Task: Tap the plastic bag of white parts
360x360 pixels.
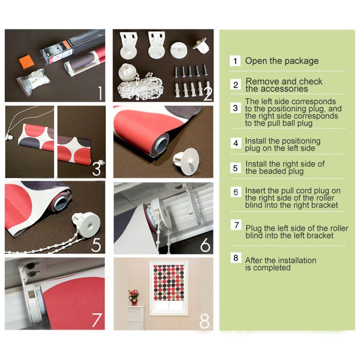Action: click(x=33, y=82)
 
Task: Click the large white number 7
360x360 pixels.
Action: click(x=96, y=320)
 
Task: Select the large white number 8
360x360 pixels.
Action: click(x=204, y=321)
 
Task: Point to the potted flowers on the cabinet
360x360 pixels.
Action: click(x=134, y=297)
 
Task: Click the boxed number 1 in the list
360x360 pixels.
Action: click(x=235, y=61)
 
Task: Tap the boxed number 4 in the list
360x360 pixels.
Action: click(x=236, y=143)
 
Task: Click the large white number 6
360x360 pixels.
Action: click(x=205, y=245)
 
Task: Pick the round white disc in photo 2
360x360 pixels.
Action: click(x=179, y=50)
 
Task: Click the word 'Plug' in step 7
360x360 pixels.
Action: click(x=253, y=229)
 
